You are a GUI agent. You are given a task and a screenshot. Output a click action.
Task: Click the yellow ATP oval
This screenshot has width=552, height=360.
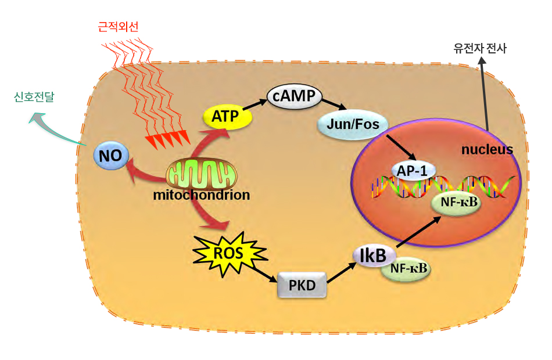point(227,117)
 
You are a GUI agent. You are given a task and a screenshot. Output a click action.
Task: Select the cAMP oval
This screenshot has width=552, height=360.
point(294,96)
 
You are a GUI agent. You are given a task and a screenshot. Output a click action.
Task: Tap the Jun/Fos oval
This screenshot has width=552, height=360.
point(352,124)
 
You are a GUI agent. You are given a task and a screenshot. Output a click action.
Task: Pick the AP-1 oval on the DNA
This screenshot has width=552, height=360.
point(413,171)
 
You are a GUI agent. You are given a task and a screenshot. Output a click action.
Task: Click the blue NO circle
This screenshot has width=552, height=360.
point(111,156)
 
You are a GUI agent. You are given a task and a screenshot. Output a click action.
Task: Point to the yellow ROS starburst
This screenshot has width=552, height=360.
point(229,253)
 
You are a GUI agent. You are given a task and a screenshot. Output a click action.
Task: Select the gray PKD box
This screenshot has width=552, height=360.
point(302,285)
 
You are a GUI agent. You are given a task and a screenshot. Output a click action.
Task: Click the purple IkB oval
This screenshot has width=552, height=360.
point(374,255)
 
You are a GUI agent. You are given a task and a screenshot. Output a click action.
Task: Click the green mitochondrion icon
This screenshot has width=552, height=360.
point(202,174)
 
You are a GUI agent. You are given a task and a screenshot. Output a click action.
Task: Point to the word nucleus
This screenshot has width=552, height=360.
point(487,150)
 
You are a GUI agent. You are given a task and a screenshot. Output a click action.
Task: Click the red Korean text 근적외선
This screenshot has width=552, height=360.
point(119,27)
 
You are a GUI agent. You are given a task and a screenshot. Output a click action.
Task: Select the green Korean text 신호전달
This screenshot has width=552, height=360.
point(34,97)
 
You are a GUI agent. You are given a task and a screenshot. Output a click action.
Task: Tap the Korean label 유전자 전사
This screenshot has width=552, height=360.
point(480,48)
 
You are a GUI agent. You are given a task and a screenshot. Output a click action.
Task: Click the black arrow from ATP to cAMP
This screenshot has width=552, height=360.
point(255,105)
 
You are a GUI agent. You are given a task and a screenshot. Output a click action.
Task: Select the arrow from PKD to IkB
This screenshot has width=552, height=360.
point(342,272)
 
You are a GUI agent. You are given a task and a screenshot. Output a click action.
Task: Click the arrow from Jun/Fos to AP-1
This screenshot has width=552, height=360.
point(402,147)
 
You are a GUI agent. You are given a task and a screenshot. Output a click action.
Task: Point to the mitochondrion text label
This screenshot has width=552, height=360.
point(202,195)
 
